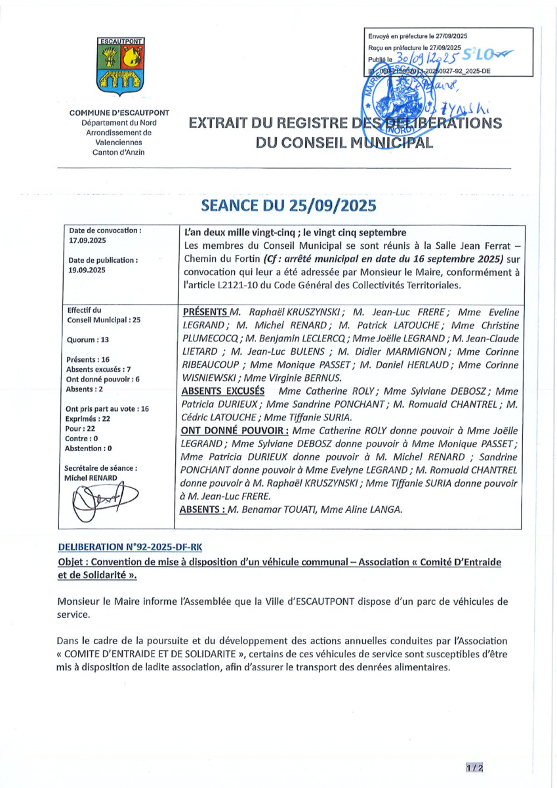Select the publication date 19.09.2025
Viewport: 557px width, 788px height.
coord(87,269)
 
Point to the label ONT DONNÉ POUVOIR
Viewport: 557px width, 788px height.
coord(234,430)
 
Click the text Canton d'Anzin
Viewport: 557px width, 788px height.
coord(119,152)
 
